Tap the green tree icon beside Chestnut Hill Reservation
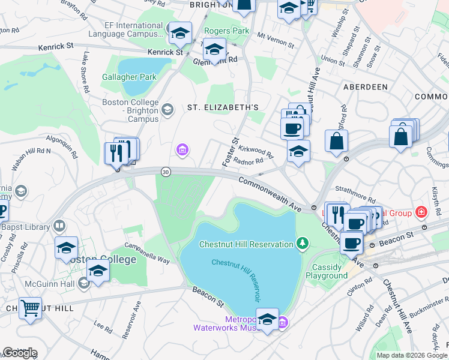(x=304, y=243)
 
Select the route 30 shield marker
(x=165, y=172)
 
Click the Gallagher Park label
(x=129, y=77)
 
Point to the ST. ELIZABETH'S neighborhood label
(x=223, y=107)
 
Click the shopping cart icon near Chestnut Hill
(x=30, y=308)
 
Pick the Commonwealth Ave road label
(x=269, y=193)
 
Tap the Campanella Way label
(x=146, y=253)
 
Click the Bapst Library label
(x=31, y=227)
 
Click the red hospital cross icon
(x=421, y=212)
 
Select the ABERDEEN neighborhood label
(x=365, y=87)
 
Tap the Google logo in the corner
(x=20, y=353)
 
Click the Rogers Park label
(x=226, y=31)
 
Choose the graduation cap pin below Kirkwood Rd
(x=298, y=152)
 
